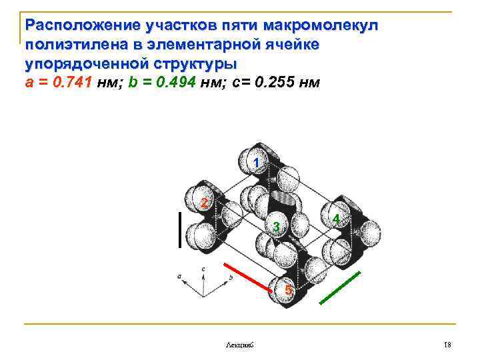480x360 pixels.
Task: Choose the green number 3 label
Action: [x=275, y=228]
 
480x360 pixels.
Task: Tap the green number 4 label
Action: [x=337, y=219]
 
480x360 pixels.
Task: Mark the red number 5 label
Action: [x=287, y=290]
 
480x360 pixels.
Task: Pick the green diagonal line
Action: [x=341, y=288]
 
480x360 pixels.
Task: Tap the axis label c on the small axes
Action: [x=203, y=268]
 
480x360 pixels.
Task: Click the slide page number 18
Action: [x=447, y=343]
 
